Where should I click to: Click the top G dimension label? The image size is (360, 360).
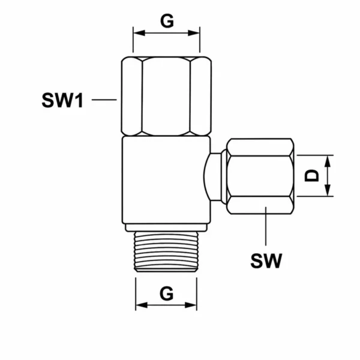(x=167, y=21)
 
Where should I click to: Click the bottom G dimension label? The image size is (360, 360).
(x=166, y=293)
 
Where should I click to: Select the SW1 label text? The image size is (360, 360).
(x=62, y=100)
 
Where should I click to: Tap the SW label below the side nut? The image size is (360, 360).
(x=266, y=260)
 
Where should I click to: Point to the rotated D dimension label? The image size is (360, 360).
(x=311, y=176)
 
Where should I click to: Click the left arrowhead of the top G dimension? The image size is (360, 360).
(x=139, y=33)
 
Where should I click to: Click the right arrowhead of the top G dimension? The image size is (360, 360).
(x=194, y=33)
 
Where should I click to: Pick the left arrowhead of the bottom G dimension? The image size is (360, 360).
(x=142, y=305)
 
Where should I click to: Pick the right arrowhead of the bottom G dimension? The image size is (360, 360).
(x=191, y=305)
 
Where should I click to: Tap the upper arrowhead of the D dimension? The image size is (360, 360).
(x=328, y=161)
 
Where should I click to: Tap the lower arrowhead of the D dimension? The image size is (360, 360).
(x=328, y=190)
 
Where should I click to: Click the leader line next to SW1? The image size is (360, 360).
(x=104, y=100)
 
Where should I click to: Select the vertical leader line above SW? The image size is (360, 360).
(x=266, y=226)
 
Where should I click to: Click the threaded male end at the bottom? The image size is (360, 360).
(x=166, y=251)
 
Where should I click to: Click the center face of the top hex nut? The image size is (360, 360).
(x=166, y=96)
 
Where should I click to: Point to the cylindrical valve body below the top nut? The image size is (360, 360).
(x=166, y=180)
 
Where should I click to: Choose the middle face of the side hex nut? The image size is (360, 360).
(x=260, y=176)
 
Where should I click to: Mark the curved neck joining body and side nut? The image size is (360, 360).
(x=212, y=177)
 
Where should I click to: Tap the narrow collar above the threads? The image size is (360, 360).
(x=166, y=227)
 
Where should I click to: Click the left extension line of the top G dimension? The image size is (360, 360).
(x=133, y=40)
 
